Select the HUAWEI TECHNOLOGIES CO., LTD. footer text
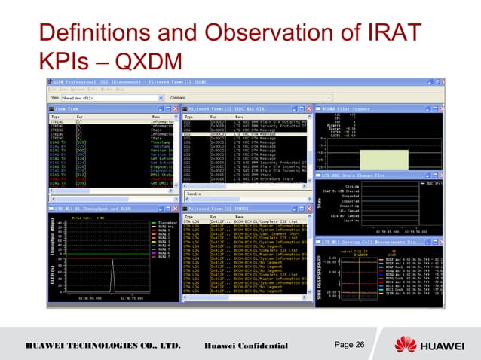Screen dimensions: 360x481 tap(105, 346)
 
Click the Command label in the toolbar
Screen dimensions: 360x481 tap(179, 97)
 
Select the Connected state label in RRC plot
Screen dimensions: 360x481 tap(348, 201)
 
